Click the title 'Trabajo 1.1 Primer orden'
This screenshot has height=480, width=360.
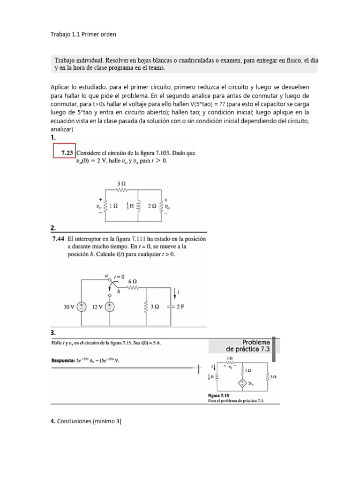pyautogui.click(x=83, y=34)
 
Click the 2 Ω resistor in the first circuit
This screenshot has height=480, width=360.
pyautogui.click(x=162, y=206)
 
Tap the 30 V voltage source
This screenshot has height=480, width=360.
pyautogui.click(x=81, y=307)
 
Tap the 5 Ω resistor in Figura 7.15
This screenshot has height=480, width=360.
pyautogui.click(x=268, y=376)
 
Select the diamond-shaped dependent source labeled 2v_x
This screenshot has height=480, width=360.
pyautogui.click(x=243, y=383)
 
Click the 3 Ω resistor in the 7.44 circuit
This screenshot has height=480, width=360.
pyautogui.click(x=147, y=307)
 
